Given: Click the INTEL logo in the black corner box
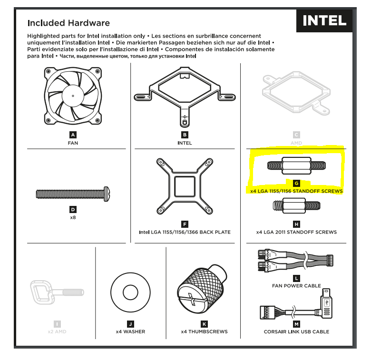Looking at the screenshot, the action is (324, 20).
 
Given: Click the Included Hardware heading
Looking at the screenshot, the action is (68, 23).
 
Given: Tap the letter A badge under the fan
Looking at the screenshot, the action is (73, 135).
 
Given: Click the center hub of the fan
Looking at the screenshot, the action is (73, 96).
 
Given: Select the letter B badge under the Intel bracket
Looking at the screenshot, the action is (185, 135).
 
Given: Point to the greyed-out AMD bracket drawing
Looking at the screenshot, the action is (296, 93).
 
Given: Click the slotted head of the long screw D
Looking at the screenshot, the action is (107, 194).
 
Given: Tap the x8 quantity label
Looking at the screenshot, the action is (73, 217).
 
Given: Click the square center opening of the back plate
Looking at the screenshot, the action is (185, 186).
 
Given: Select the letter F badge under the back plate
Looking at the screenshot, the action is (185, 224).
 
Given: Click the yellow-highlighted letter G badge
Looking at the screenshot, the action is (296, 183).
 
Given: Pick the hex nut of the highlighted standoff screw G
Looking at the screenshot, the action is (296, 165).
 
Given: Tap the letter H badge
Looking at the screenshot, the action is (296, 224).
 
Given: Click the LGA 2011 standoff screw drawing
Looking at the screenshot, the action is (296, 206).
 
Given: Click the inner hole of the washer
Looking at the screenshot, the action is (130, 292).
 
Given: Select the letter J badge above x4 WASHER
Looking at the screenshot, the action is (130, 324).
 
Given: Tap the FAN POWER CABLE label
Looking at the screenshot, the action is (296, 286).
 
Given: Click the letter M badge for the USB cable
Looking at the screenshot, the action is (296, 324).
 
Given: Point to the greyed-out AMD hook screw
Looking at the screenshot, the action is (57, 292).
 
